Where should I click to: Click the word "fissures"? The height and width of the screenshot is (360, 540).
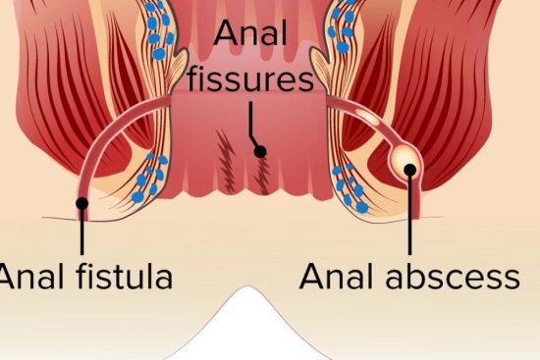coord(251,77)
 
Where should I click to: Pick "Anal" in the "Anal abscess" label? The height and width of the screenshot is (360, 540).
coord(335,277)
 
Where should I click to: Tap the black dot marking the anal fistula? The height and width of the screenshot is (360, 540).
coord(82,204)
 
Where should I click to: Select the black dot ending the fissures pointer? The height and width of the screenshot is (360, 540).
coord(260,151)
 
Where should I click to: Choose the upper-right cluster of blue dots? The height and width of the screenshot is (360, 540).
coord(344,29)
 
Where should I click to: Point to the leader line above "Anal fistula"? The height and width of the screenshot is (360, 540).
coord(82,233)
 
